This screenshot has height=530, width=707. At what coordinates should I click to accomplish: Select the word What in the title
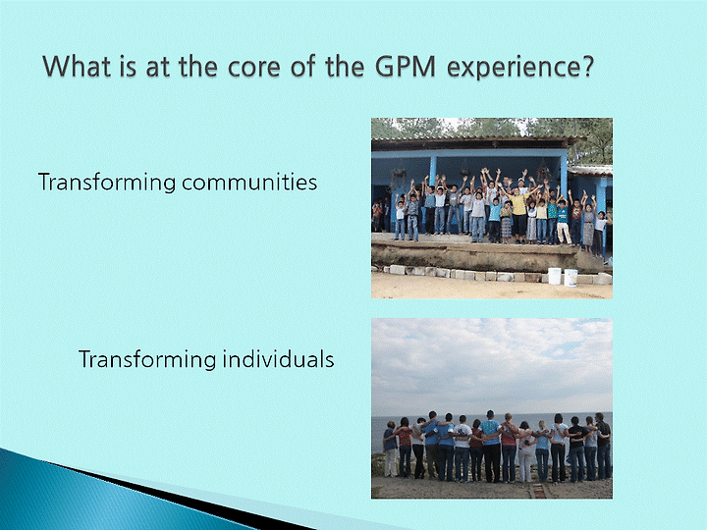[77, 66]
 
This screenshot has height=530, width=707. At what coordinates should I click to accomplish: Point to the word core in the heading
[253, 68]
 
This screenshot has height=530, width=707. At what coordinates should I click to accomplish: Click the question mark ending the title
[585, 66]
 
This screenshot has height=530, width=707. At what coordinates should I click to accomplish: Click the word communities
[249, 183]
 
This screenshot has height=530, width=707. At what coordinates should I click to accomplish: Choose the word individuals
[278, 359]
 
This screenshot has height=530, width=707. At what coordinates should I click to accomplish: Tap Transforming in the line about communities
[107, 183]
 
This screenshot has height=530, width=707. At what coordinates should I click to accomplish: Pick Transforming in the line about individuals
[147, 360]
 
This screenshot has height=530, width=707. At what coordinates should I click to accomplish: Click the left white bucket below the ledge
[554, 276]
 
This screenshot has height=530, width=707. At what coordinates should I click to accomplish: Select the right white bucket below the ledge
[571, 277]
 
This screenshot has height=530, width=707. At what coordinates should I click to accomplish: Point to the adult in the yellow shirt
[519, 212]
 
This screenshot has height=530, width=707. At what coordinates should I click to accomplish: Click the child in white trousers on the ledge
[563, 222]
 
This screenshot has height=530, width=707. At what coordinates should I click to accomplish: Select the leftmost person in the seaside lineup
[390, 450]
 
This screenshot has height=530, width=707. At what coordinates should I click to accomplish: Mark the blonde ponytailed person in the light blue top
[542, 450]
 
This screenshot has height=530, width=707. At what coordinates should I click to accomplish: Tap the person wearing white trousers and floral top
[524, 451]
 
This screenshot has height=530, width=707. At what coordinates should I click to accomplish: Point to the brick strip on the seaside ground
[536, 491]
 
